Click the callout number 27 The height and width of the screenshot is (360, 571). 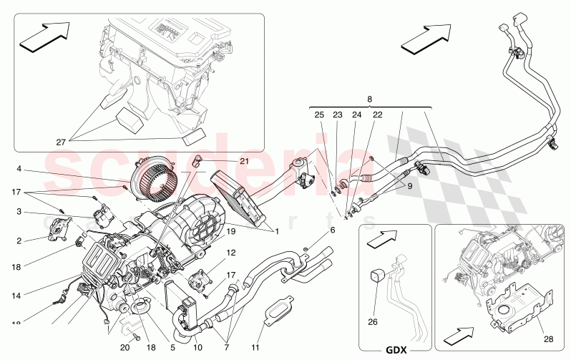(x=61, y=142)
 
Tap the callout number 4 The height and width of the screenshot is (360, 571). (x=20, y=170)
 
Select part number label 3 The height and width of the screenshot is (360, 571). (x=20, y=212)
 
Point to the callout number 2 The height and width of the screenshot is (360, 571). (x=20, y=241)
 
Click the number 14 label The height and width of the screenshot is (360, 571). (x=16, y=294)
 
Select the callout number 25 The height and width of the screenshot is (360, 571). (x=319, y=115)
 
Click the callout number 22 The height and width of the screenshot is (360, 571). (x=377, y=115)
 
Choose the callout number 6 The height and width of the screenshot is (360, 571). (x=332, y=230)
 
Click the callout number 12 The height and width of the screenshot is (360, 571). (x=231, y=253)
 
